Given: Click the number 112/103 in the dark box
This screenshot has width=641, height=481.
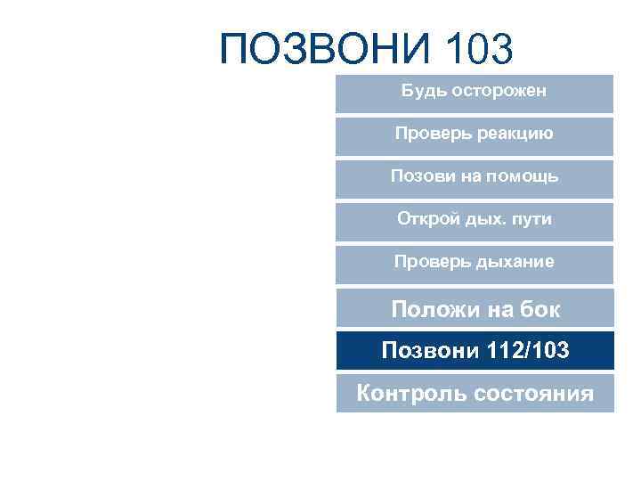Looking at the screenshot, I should pos(529,351).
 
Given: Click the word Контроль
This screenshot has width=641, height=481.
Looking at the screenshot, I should pos(410,393).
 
